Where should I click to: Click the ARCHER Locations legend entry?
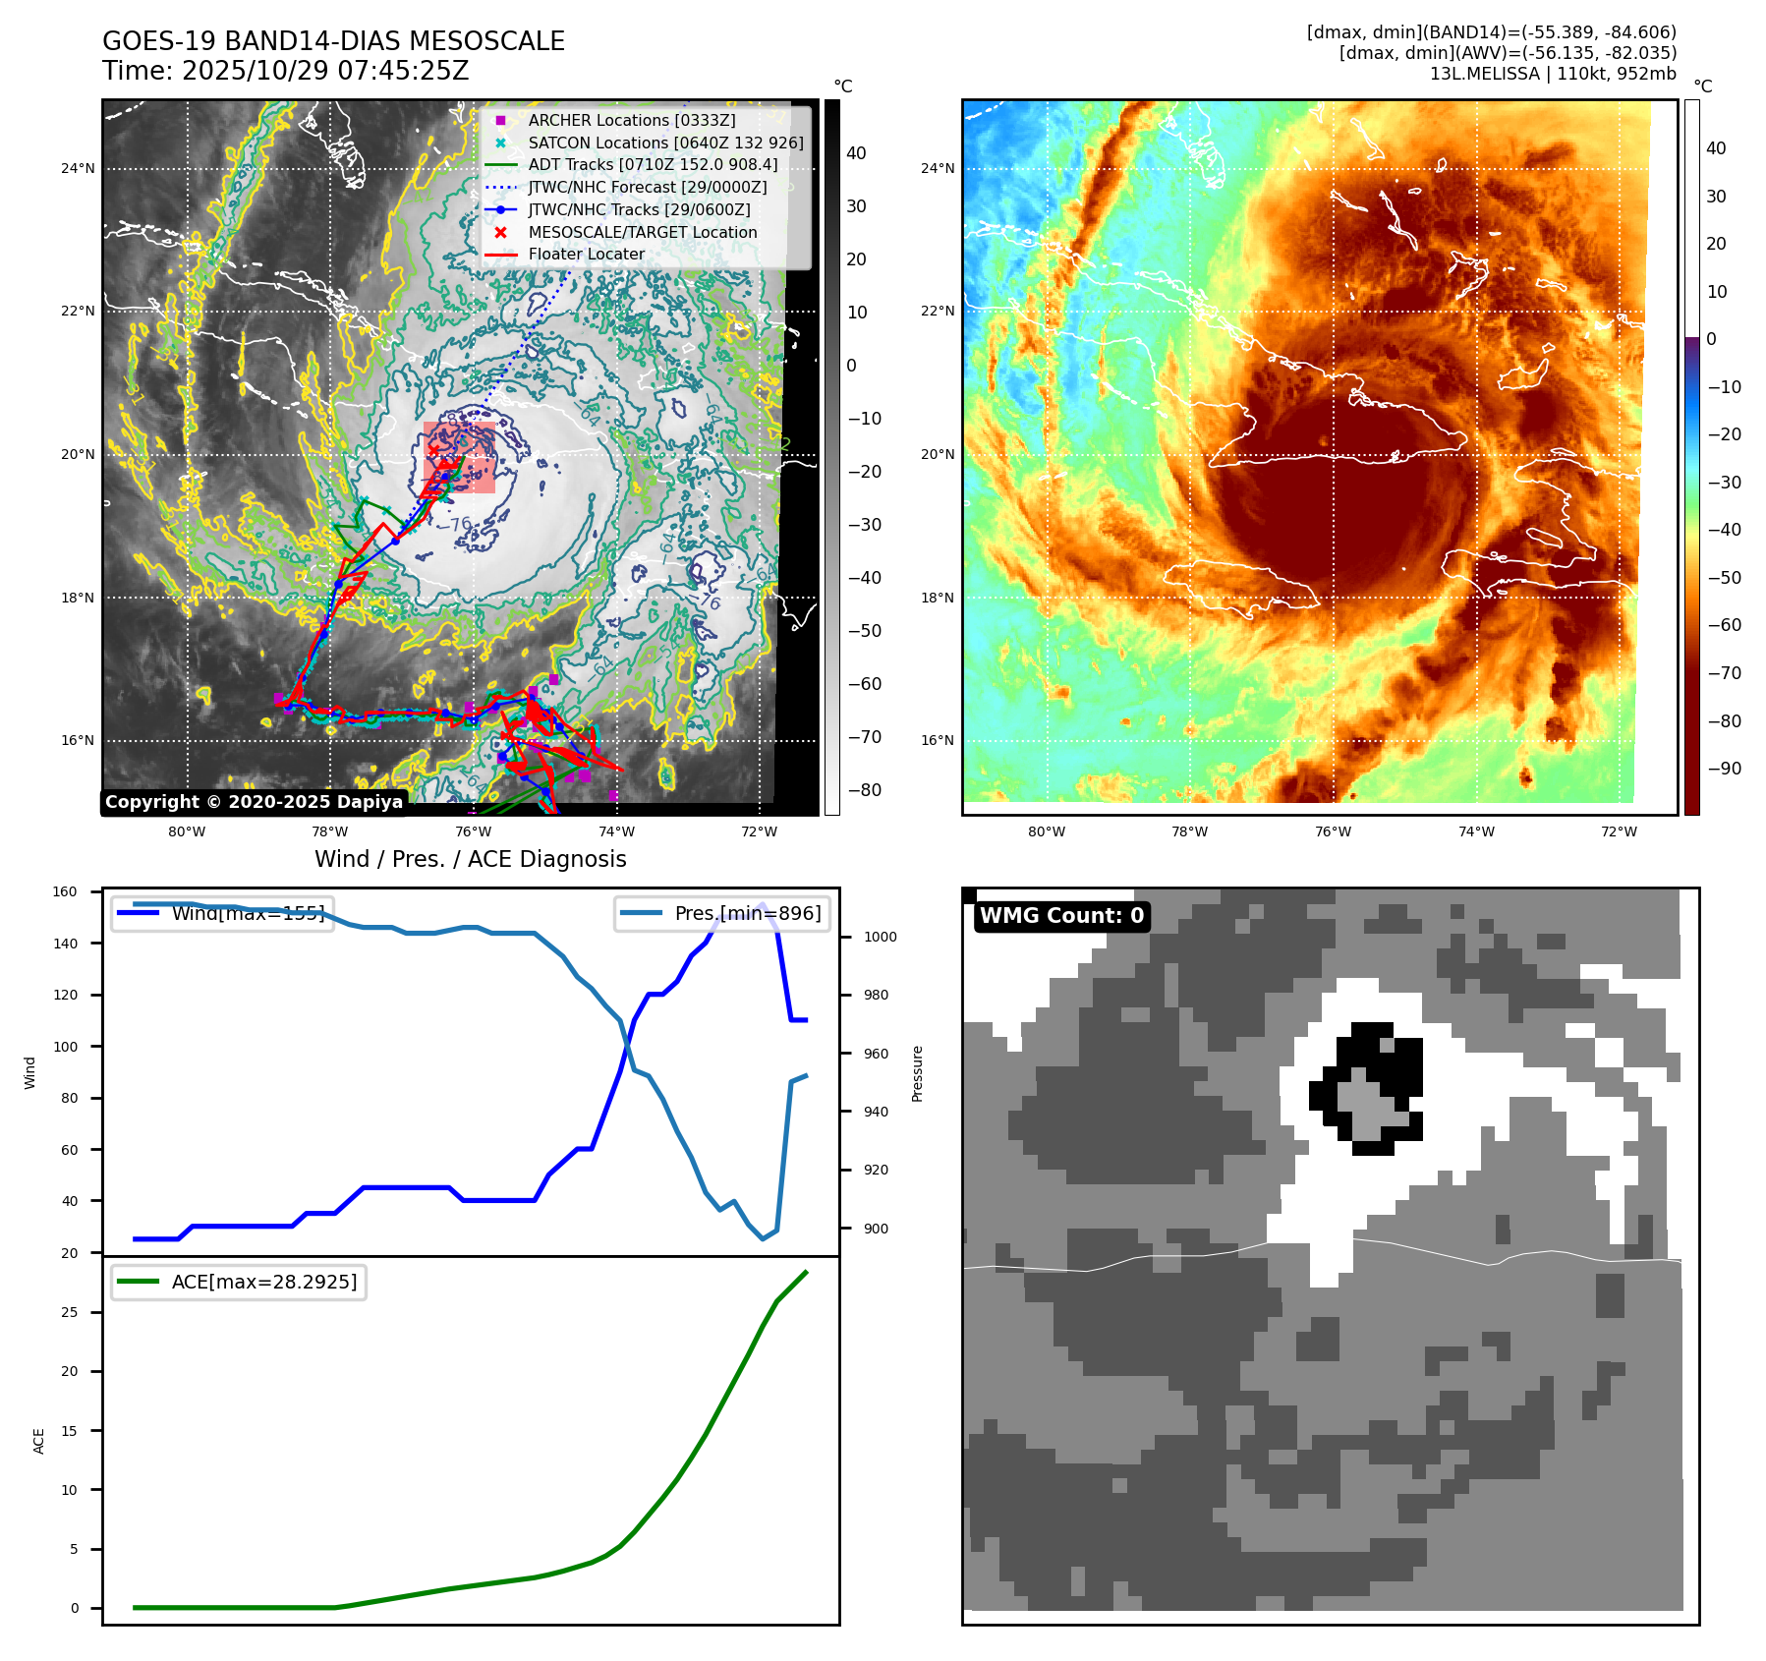point(631,120)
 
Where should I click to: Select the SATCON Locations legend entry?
point(664,143)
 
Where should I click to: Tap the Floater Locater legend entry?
point(586,254)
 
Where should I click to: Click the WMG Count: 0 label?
point(1061,916)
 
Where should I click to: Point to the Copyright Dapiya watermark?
point(254,802)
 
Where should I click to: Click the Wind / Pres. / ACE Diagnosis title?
point(470,859)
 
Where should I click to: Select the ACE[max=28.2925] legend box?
point(238,1282)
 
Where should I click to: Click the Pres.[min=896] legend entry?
point(722,913)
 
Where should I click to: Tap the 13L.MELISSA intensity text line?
point(1553,74)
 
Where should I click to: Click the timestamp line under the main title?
point(285,71)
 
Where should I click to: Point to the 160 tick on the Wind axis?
point(65,892)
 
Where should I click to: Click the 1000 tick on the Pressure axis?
point(880,937)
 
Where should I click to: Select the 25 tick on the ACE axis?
point(69,1312)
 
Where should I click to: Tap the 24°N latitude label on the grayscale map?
point(78,169)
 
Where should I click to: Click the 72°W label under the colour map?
point(1619,831)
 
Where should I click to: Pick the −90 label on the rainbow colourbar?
point(1725,769)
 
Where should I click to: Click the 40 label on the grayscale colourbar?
point(856,153)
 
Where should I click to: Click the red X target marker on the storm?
point(433,450)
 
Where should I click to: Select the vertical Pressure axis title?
point(917,1073)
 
